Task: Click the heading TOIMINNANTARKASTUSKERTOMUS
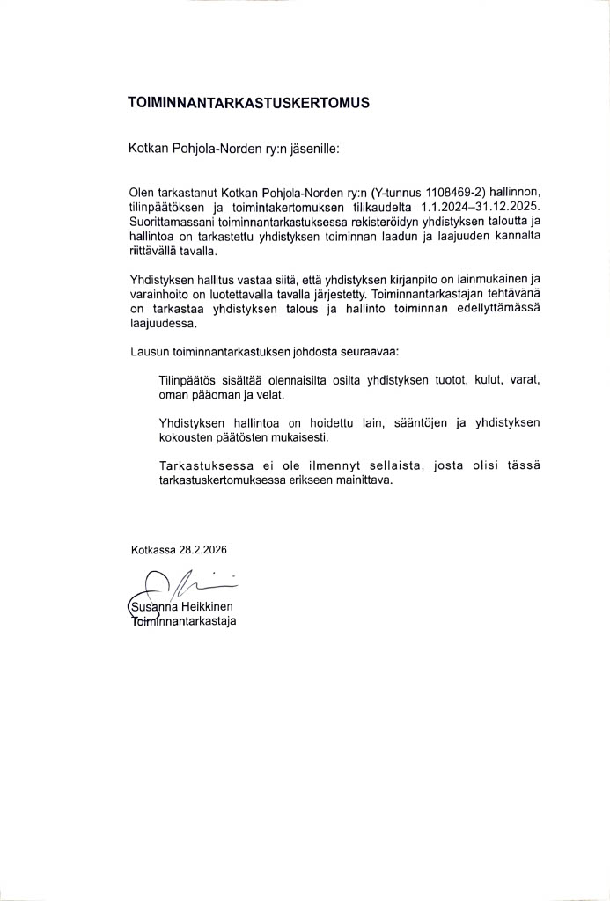point(249,102)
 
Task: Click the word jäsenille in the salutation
point(313,150)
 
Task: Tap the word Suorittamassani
point(172,223)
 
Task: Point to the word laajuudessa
point(159,323)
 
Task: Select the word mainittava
point(363,481)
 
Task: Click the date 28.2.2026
point(203,550)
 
